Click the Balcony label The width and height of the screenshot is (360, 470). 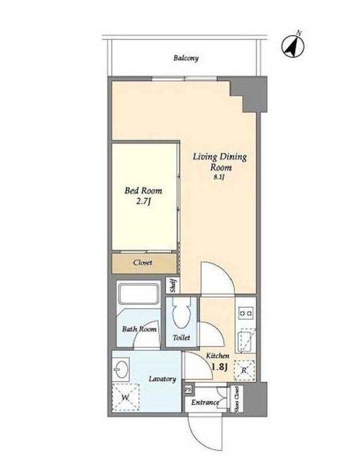click(x=186, y=58)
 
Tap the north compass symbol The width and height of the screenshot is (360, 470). click(x=293, y=46)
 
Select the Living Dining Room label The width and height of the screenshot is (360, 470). click(x=220, y=162)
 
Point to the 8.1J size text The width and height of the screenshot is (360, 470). click(x=219, y=177)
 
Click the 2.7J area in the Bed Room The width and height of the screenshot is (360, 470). click(x=143, y=201)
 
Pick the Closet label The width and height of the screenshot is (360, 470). click(x=143, y=263)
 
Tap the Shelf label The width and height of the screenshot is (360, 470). click(x=173, y=285)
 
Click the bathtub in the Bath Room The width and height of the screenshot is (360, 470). click(x=138, y=293)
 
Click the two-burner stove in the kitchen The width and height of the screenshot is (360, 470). click(x=246, y=313)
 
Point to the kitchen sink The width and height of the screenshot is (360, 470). click(x=246, y=341)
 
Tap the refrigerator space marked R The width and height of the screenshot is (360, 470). click(x=244, y=370)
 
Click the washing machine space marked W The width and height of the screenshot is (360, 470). click(x=126, y=398)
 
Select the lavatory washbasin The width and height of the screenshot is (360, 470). click(x=121, y=370)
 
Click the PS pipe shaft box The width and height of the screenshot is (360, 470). click(x=189, y=389)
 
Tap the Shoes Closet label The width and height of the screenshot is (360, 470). click(x=237, y=399)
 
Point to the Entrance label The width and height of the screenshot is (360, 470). click(x=205, y=402)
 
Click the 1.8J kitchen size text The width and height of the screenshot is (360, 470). click(x=220, y=367)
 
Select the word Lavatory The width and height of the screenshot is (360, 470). click(x=163, y=379)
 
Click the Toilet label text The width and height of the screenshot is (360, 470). click(x=181, y=338)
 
